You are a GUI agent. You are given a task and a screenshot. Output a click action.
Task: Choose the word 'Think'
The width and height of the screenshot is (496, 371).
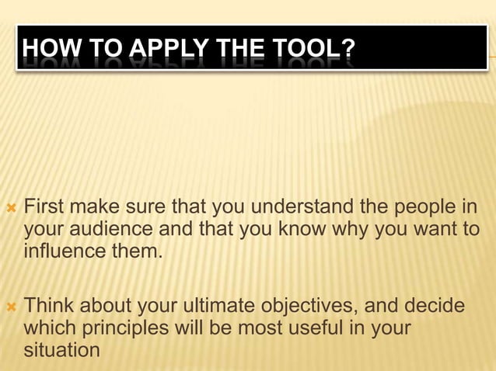[x=51, y=307]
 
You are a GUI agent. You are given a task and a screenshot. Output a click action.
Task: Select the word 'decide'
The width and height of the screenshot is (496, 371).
[x=437, y=307]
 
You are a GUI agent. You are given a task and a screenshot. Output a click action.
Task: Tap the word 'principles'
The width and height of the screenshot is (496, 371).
[x=124, y=328]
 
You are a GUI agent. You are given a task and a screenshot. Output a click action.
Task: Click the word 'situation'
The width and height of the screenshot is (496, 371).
[x=62, y=349]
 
